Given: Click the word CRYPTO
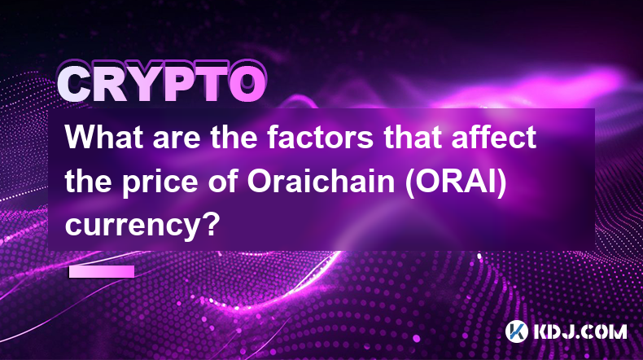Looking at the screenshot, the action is [x=162, y=84].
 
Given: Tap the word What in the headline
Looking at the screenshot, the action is [x=104, y=137].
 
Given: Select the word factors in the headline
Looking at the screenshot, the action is [x=320, y=137].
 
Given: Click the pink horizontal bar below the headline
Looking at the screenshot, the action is [x=102, y=271].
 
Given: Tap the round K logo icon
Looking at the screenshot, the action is [x=516, y=331].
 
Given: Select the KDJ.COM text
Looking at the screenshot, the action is [x=580, y=331].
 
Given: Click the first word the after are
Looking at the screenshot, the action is [x=234, y=137].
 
